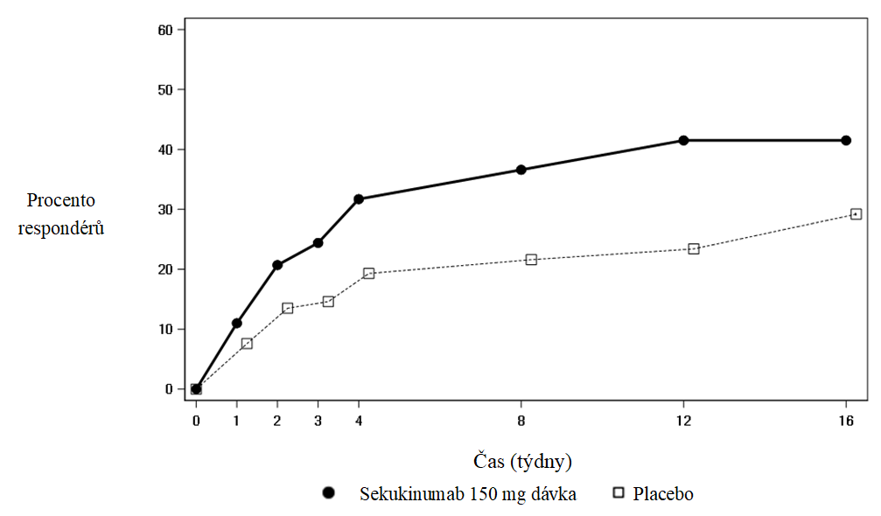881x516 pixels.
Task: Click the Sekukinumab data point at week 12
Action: pyautogui.click(x=683, y=140)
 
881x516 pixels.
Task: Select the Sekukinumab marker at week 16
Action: pyautogui.click(x=846, y=140)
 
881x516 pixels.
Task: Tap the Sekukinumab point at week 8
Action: pyautogui.click(x=521, y=170)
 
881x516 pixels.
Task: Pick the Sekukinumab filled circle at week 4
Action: pyautogui.click(x=359, y=199)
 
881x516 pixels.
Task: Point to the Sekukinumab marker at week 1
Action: pyautogui.click(x=236, y=324)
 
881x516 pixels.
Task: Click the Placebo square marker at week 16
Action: pyautogui.click(x=856, y=214)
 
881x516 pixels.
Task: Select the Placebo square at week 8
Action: pyautogui.click(x=531, y=260)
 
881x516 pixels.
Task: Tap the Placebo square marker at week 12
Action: pyautogui.click(x=694, y=248)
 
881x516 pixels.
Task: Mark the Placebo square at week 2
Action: pyautogui.click(x=287, y=308)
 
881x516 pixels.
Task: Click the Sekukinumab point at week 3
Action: pyautogui.click(x=318, y=242)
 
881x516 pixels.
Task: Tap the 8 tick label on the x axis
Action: pyautogui.click(x=521, y=421)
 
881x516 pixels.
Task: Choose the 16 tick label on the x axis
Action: pyautogui.click(x=846, y=421)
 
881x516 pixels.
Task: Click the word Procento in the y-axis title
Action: pyautogui.click(x=61, y=201)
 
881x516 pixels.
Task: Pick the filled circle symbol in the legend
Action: pyautogui.click(x=329, y=493)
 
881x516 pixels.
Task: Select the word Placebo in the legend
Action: pyautogui.click(x=663, y=494)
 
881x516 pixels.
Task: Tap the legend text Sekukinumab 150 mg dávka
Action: pyautogui.click(x=468, y=494)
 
